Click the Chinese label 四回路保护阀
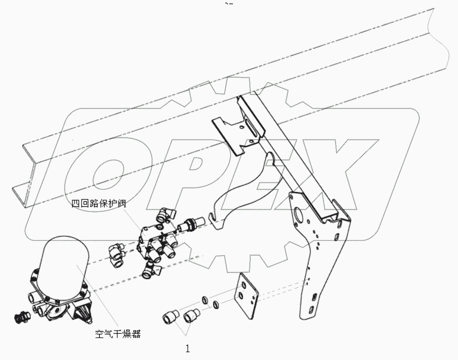(99, 204)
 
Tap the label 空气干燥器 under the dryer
(118, 334)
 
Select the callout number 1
(187, 349)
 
